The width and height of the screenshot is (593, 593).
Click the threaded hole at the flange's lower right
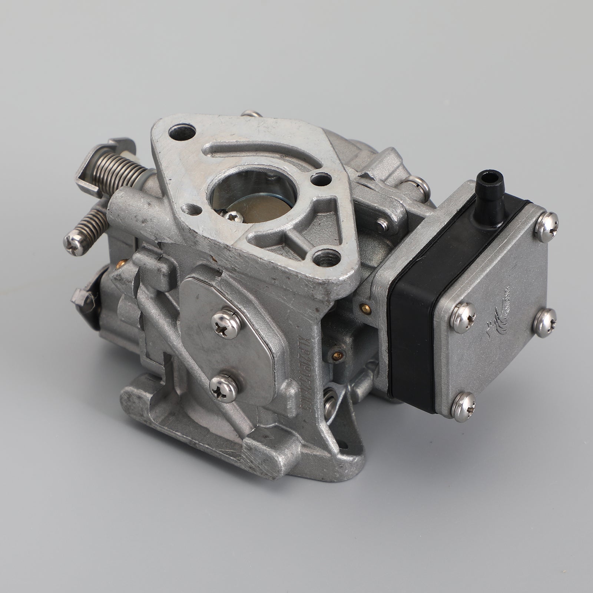pos(327,255)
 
